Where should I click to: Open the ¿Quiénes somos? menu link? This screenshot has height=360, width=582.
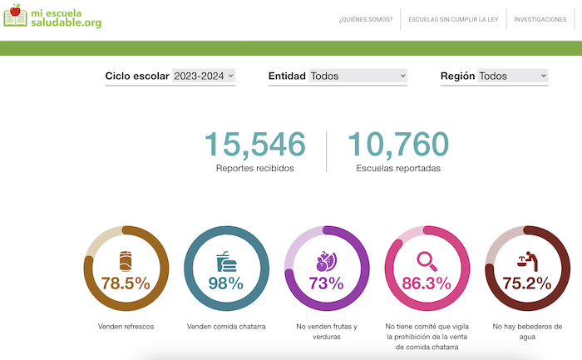366,19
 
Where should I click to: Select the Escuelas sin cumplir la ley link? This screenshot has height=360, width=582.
452,19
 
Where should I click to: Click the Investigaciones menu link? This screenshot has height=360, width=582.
540,19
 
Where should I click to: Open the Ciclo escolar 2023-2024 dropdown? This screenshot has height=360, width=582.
204,76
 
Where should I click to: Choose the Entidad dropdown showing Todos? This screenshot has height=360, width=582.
358,76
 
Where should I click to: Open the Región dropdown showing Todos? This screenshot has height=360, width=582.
513,76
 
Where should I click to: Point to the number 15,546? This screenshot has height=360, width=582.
254,144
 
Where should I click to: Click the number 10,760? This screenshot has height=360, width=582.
398,144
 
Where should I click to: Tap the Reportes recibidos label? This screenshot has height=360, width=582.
254,168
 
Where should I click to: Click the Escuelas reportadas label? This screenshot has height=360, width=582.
398,168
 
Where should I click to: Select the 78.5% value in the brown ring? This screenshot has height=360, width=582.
126,284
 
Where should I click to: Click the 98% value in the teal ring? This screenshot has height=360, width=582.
226,284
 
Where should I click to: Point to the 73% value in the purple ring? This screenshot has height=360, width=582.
327,284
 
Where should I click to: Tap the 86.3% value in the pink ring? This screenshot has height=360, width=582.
427,284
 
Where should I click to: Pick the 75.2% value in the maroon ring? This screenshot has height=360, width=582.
527,284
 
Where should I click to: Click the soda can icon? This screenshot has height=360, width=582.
126,260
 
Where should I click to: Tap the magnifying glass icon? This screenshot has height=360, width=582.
428,260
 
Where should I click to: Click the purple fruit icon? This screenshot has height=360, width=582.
326,261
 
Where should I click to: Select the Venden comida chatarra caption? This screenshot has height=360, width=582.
226,327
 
